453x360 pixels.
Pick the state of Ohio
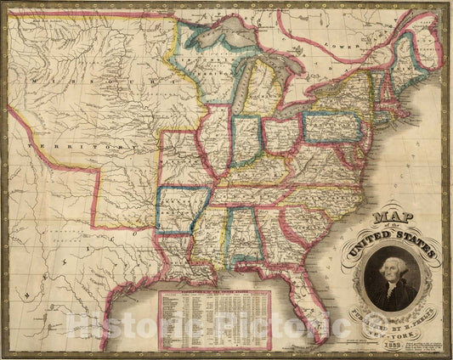[280, 136]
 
